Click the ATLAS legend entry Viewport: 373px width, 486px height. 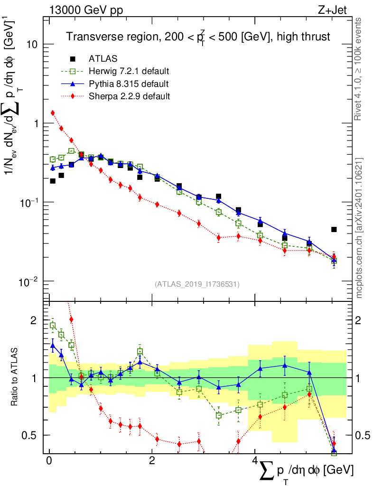pos(103,59)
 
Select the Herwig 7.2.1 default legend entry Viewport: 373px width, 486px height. pos(129,72)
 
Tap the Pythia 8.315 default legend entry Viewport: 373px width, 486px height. pos(128,84)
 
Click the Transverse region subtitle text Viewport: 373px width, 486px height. pos(197,37)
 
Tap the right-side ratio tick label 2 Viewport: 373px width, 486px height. pos(362,320)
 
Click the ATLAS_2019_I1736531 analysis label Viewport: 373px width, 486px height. pos(197,284)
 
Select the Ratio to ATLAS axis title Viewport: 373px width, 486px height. pos(16,378)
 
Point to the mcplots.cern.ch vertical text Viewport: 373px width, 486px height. pos(359,228)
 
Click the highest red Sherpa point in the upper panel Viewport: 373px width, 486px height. pos(53,113)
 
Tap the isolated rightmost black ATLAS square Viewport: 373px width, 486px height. pos(334,230)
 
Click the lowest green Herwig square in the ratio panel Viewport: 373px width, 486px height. pos(334,453)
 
